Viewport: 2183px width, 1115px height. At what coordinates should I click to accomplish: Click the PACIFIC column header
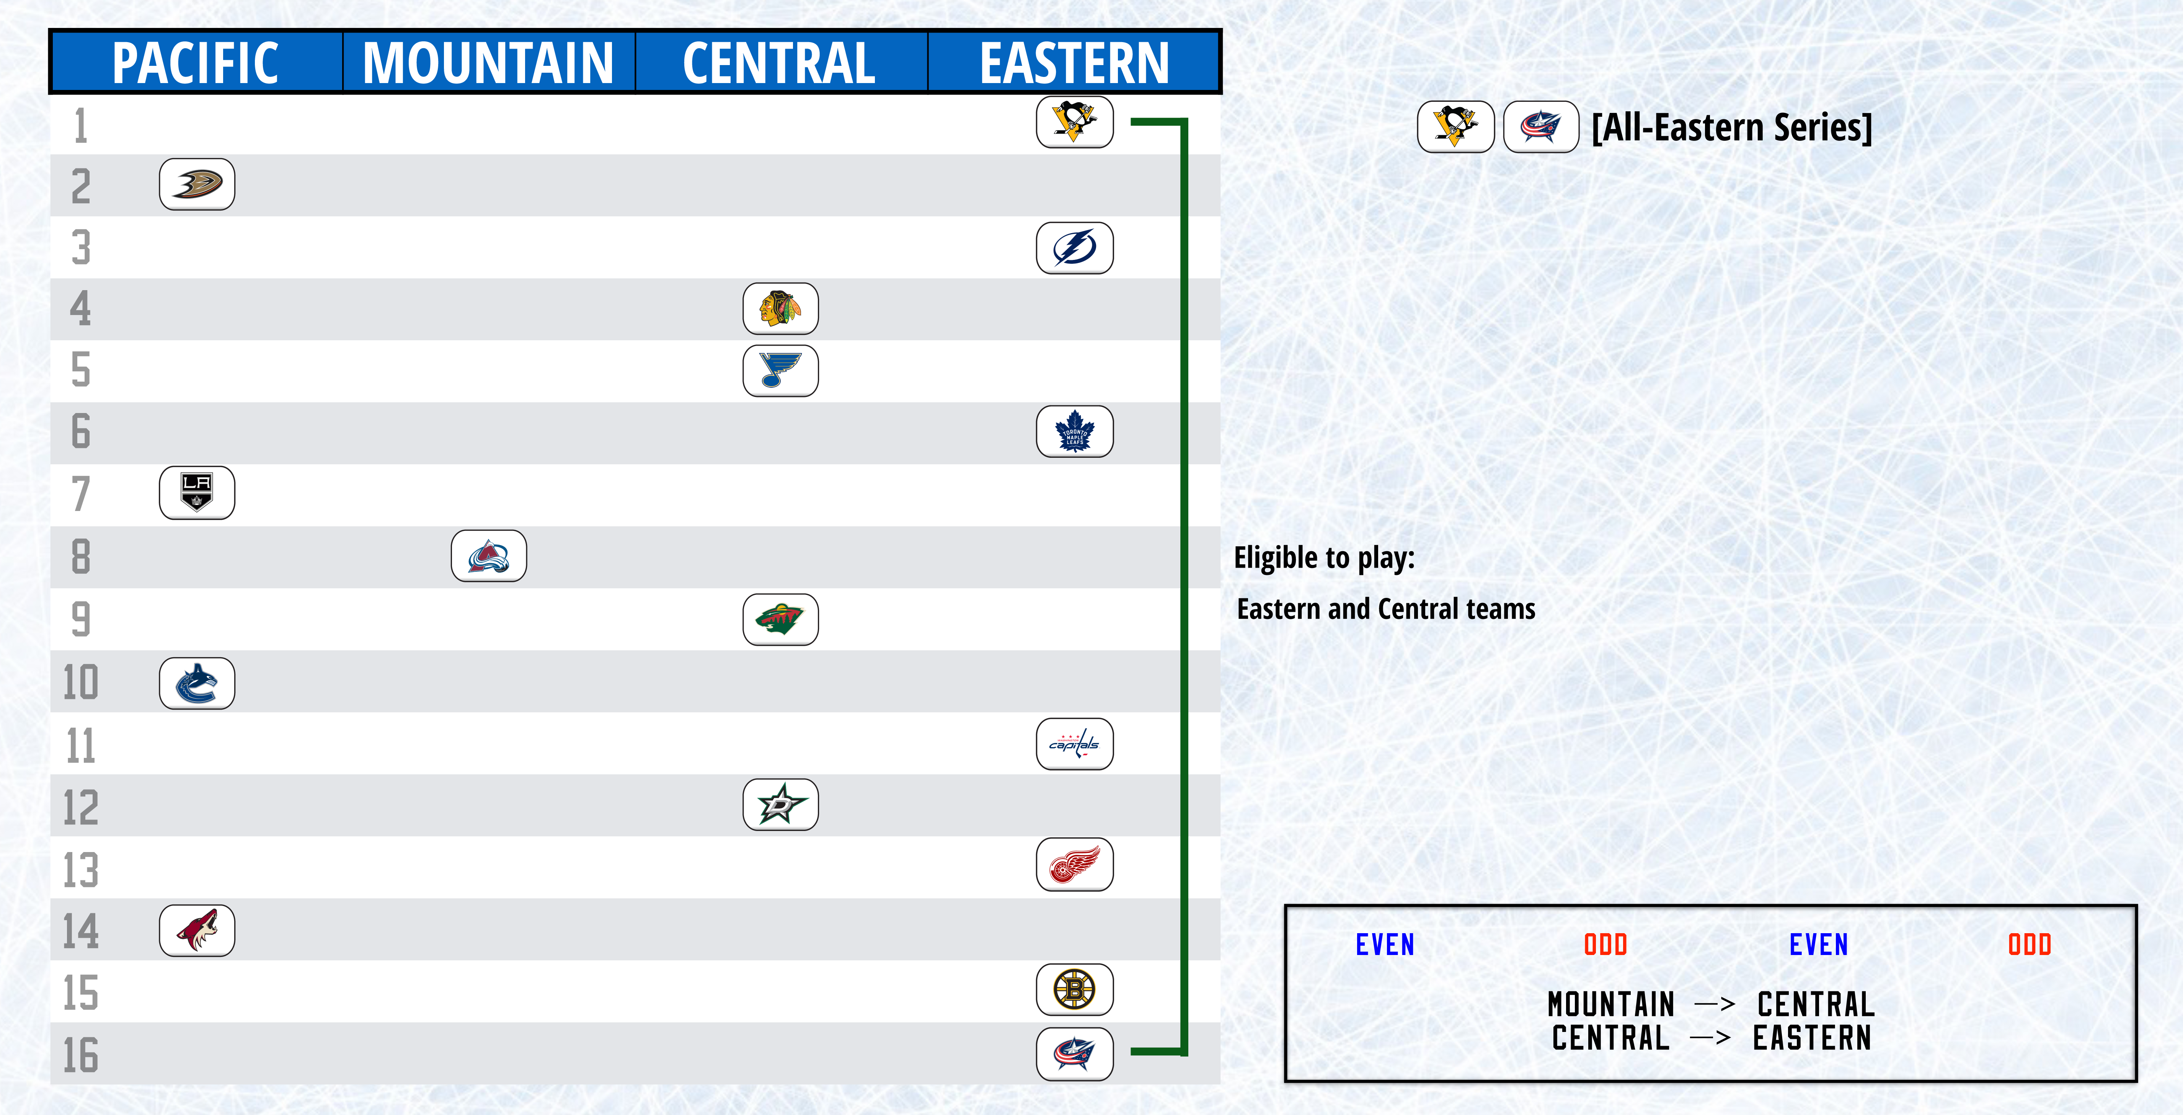196,63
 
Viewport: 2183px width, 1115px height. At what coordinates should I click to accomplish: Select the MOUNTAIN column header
488,63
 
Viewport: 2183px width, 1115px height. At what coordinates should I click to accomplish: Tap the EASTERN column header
1075,63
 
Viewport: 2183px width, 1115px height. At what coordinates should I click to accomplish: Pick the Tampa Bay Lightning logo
1075,247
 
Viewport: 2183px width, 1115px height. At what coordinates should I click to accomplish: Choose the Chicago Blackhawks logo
780,309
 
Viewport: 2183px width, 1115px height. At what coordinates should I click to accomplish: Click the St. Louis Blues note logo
780,370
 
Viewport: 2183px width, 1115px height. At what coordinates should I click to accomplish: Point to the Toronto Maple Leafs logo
1075,431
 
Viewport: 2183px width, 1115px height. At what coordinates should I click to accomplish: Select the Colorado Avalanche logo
489,556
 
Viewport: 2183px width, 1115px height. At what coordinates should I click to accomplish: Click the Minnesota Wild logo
780,619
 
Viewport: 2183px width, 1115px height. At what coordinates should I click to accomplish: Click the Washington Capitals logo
1075,744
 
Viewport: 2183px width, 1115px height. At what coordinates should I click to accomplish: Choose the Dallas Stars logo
780,804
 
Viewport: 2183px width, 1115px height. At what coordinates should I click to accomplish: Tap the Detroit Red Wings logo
1075,864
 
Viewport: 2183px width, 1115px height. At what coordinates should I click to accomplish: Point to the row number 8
80,557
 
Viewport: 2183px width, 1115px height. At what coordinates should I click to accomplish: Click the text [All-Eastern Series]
1731,127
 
